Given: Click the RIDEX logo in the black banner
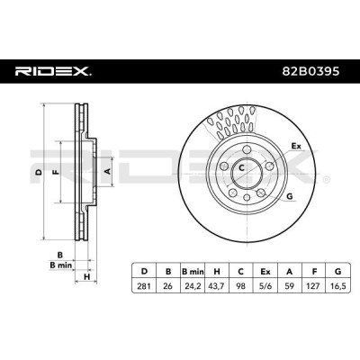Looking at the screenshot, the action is click(53, 72).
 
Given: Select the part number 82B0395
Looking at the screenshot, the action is click(311, 71).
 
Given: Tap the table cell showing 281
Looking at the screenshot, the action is click(144, 286).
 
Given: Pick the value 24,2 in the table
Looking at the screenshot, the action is click(193, 286).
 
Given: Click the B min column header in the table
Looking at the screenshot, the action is click(193, 272).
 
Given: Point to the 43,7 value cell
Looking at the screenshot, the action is click(217, 286).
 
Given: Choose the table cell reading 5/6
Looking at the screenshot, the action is click(265, 286).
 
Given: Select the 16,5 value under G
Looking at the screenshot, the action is click(337, 286).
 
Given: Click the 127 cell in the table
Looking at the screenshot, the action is click(314, 286).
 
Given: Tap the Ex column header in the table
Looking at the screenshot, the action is click(265, 272).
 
